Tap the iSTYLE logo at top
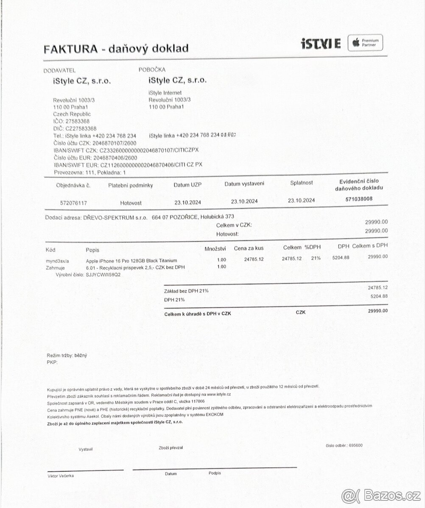coord(320,43)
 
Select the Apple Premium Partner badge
coord(365,43)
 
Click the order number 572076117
coord(74,203)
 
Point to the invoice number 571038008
coord(359,198)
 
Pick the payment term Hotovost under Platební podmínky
coord(131,203)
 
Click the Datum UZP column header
coord(187,185)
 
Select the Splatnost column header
coord(302,183)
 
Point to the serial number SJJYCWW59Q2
coord(103,275)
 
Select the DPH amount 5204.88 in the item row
coord(340,258)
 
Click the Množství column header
coord(215,248)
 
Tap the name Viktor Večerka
coord(61,476)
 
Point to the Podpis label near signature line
coord(215,473)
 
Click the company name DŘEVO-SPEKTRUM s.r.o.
coord(115,217)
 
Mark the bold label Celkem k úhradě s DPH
coord(197,314)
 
